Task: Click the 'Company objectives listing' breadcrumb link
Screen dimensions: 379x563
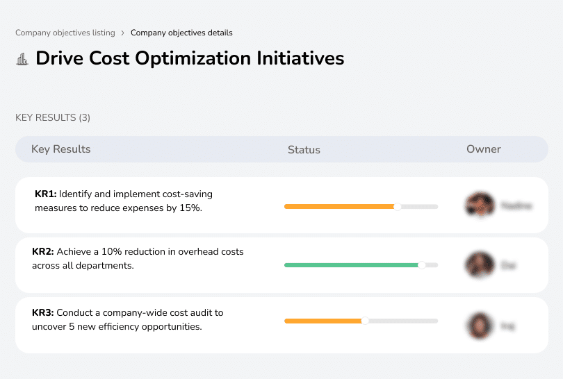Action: pos(65,33)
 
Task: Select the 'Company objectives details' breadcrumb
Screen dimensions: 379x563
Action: pos(181,33)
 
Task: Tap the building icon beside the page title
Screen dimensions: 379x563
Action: pos(22,59)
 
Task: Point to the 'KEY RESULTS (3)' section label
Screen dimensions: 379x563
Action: pos(53,118)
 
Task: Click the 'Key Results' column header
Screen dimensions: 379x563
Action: pos(60,149)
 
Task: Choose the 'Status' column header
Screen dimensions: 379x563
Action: pos(304,149)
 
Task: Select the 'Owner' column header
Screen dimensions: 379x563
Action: pos(483,149)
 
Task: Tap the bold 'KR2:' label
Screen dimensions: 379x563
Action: pos(43,252)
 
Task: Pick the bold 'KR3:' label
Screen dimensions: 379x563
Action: pos(43,313)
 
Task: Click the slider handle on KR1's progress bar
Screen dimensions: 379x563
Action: pos(398,206)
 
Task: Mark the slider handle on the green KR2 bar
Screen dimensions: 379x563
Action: pos(421,264)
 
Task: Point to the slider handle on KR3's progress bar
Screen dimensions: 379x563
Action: pos(365,321)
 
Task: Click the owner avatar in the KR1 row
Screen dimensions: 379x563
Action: pos(480,205)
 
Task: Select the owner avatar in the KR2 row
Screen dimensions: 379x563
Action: pos(480,264)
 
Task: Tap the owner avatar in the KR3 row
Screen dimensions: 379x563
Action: pos(480,325)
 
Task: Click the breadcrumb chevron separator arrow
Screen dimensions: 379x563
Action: pos(123,33)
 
